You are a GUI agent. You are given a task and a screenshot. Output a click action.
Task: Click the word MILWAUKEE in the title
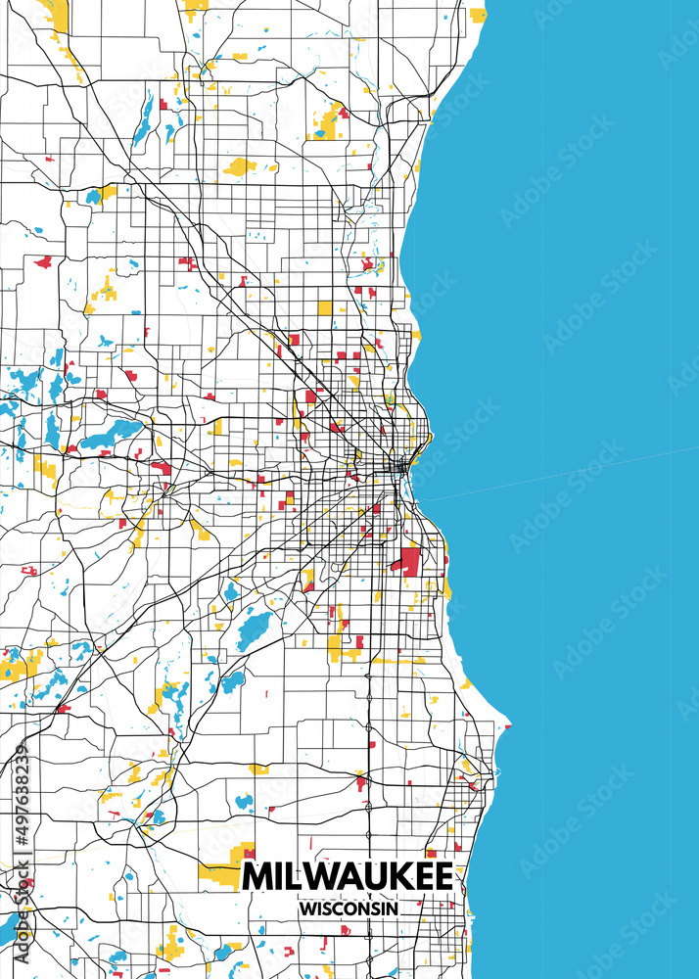click(x=348, y=876)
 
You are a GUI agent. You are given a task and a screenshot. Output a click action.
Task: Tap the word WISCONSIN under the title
click(x=349, y=909)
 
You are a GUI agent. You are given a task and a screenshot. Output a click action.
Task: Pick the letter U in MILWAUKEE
click(x=377, y=876)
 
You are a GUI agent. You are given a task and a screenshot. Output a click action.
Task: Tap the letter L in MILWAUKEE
click(x=295, y=876)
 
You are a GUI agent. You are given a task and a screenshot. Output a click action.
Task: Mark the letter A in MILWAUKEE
click(x=350, y=876)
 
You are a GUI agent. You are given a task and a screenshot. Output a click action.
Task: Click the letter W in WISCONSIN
click(x=307, y=909)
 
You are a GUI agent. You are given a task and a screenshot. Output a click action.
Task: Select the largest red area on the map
click(x=406, y=560)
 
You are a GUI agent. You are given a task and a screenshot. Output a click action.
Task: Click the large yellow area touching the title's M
click(x=227, y=862)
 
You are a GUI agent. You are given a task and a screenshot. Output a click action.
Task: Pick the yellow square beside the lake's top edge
click(x=477, y=15)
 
